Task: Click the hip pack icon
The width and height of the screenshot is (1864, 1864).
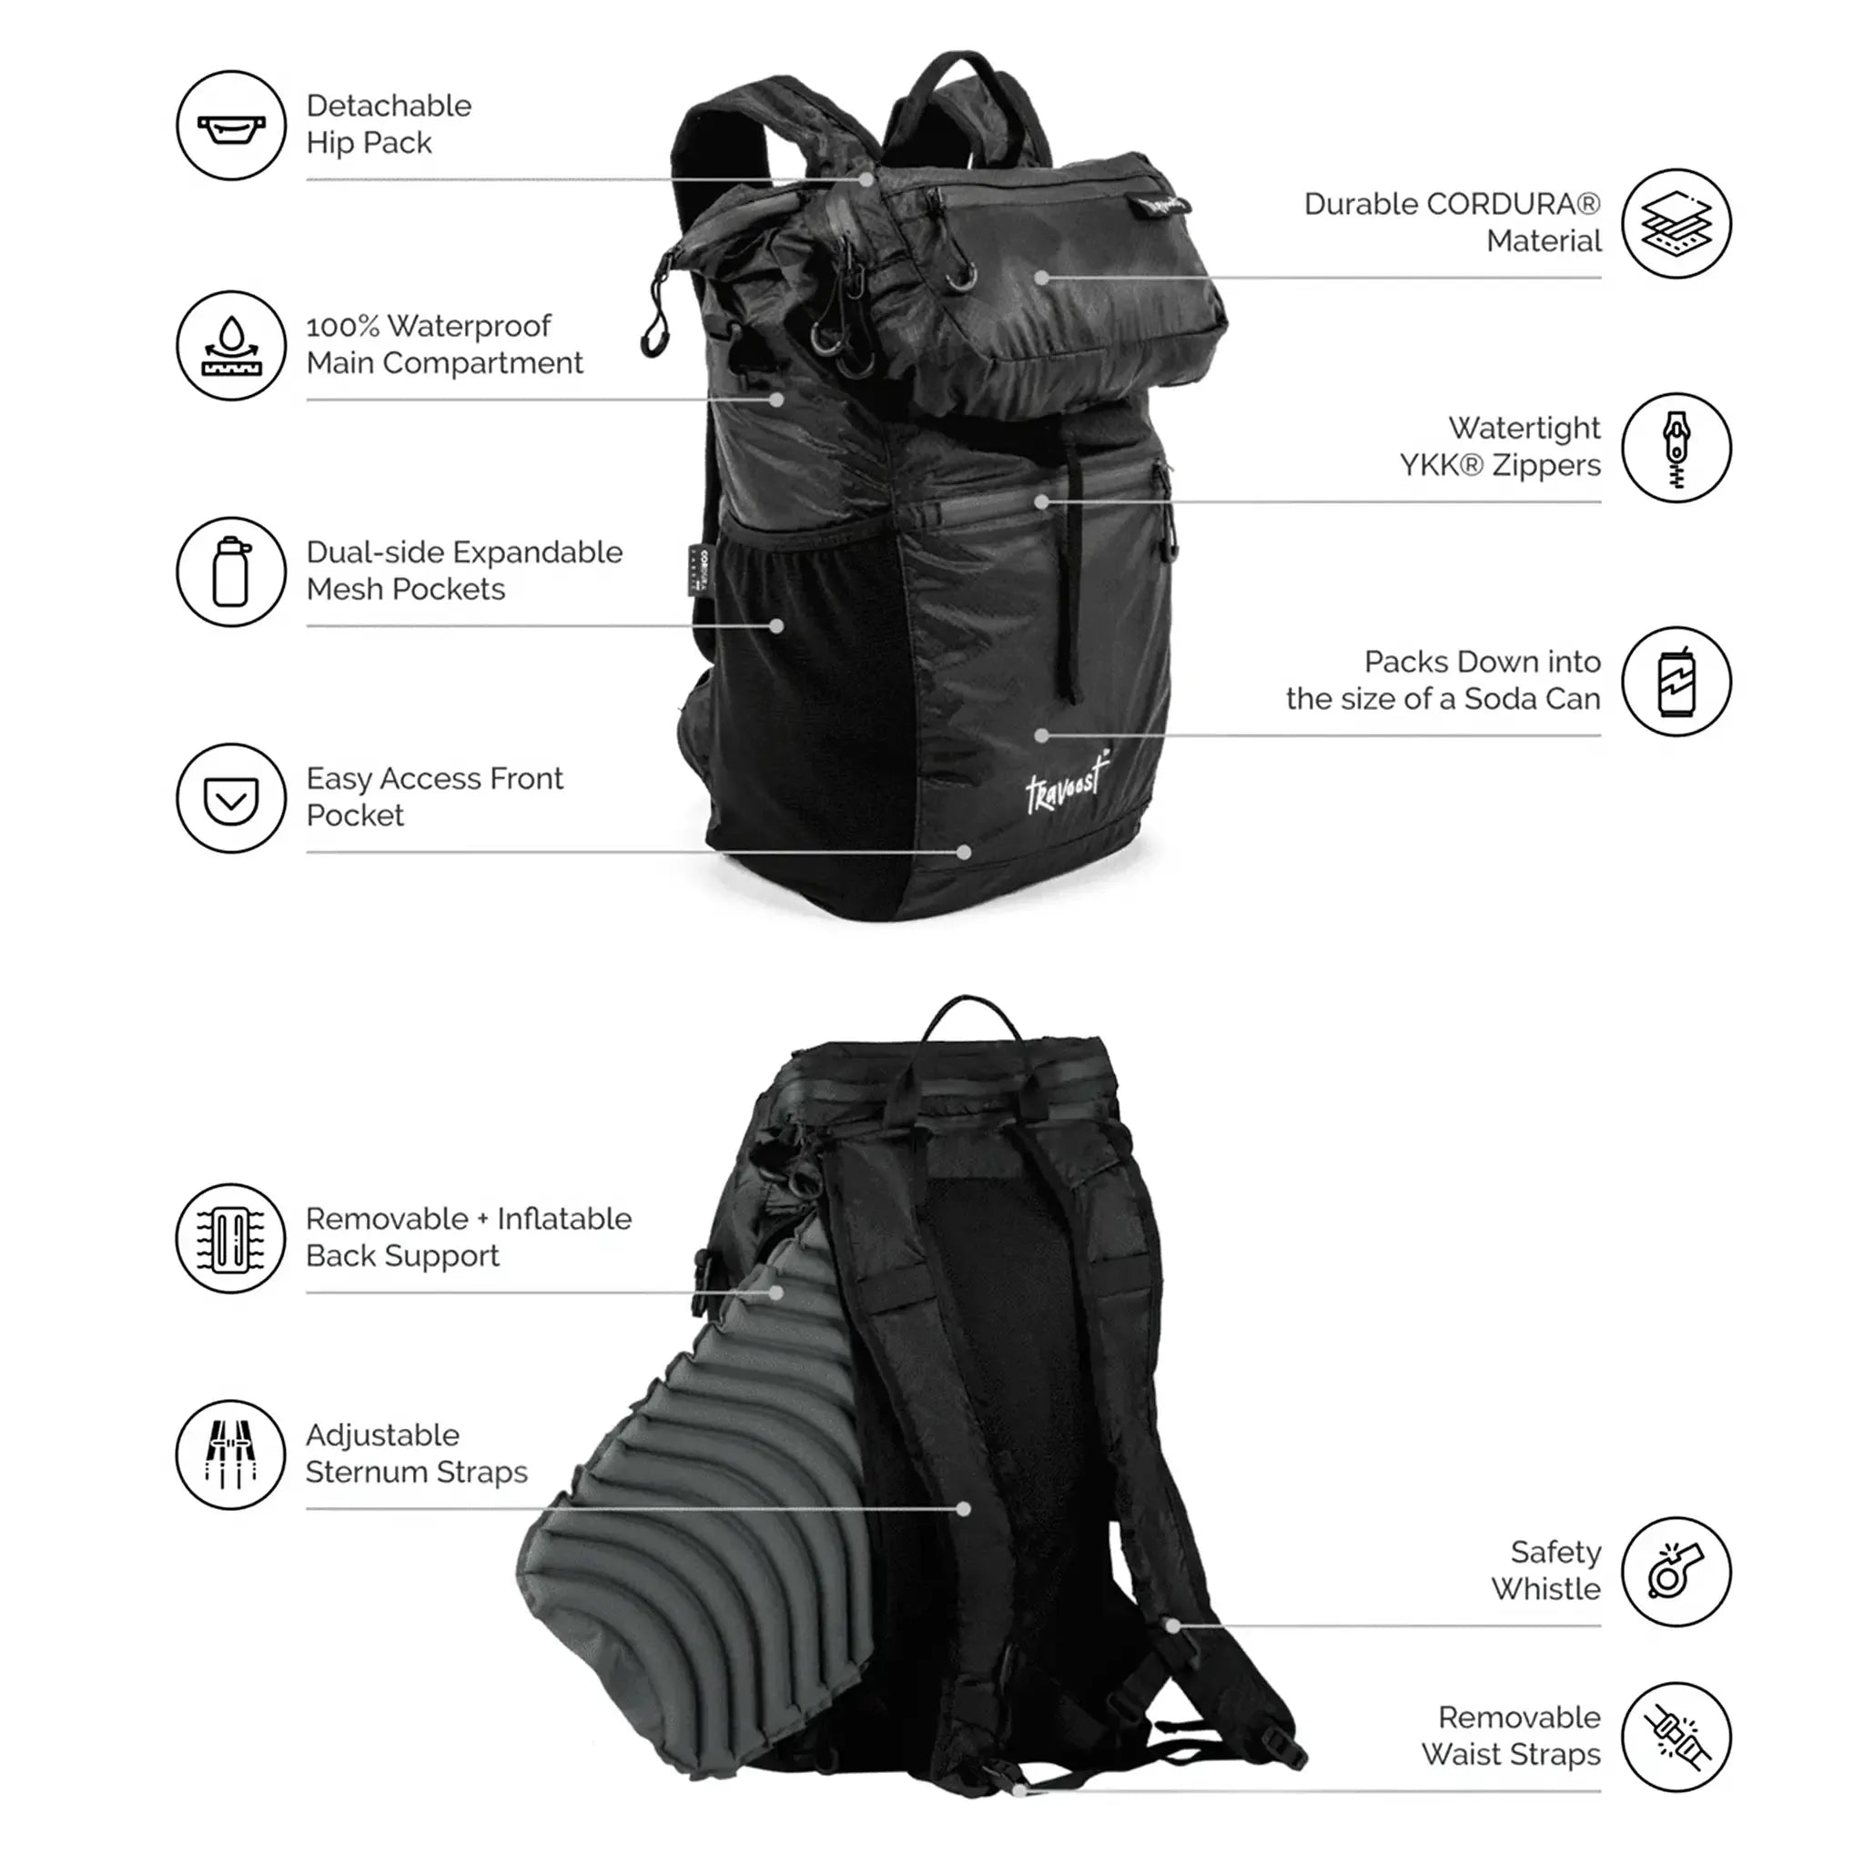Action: pyautogui.click(x=231, y=126)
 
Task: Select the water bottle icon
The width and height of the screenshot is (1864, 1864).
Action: pyautogui.click(x=231, y=572)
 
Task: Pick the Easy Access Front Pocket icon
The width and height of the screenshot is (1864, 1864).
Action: pyautogui.click(x=231, y=798)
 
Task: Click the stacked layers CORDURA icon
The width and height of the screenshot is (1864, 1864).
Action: pyautogui.click(x=1677, y=224)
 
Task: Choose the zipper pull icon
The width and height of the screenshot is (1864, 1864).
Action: pyautogui.click(x=1677, y=448)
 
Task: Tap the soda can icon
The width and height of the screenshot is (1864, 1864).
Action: pyautogui.click(x=1677, y=681)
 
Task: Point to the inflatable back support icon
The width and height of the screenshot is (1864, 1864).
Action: pyautogui.click(x=231, y=1238)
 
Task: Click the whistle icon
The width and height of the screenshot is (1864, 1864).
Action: pyautogui.click(x=1677, y=1572)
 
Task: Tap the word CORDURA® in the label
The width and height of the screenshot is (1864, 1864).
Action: pyautogui.click(x=1513, y=205)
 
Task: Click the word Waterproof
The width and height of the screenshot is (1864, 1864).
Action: pyautogui.click(x=469, y=326)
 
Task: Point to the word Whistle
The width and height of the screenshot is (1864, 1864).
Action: pyautogui.click(x=1545, y=1589)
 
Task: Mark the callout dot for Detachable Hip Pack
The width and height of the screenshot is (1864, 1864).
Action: pyautogui.click(x=866, y=179)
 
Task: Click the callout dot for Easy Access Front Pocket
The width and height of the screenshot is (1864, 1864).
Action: pyautogui.click(x=963, y=852)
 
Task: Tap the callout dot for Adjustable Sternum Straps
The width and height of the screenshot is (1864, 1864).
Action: pyautogui.click(x=963, y=1508)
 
